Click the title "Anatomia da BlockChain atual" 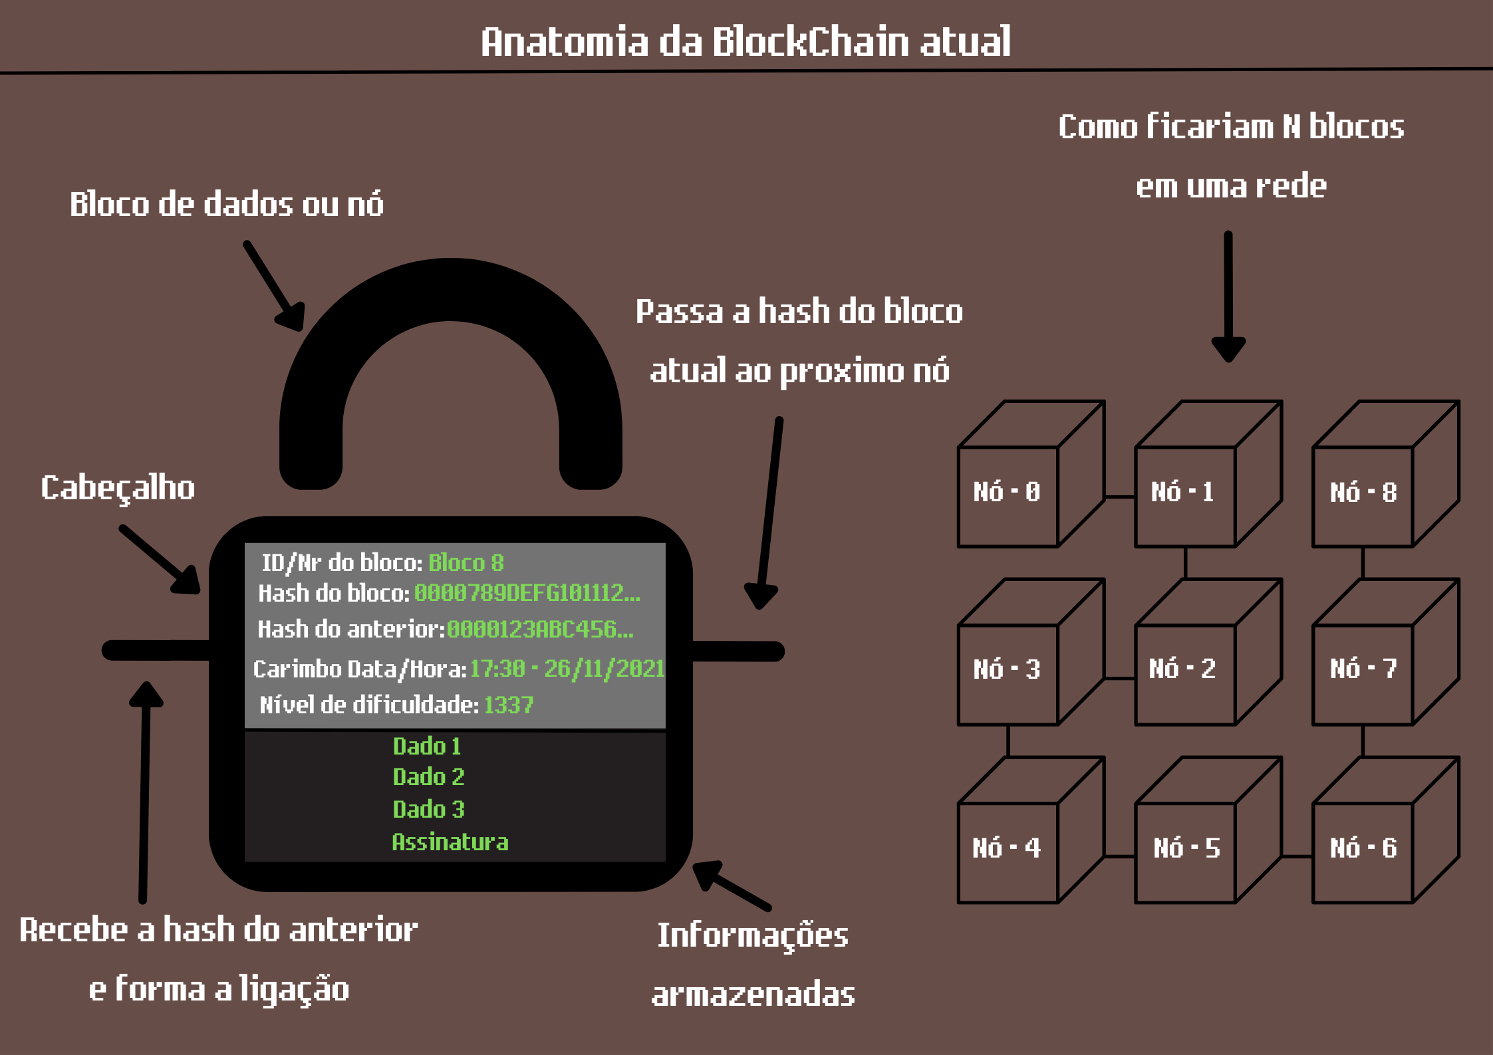point(746,41)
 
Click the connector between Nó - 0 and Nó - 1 point(1119,497)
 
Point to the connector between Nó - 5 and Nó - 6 point(1296,856)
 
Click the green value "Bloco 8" point(466,563)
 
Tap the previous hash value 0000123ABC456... point(539,629)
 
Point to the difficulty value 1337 point(508,705)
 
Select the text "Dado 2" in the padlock point(428,776)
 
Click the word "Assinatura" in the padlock point(450,842)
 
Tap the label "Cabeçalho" point(118,488)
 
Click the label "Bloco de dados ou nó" point(227,204)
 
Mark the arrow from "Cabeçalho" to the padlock point(160,559)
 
